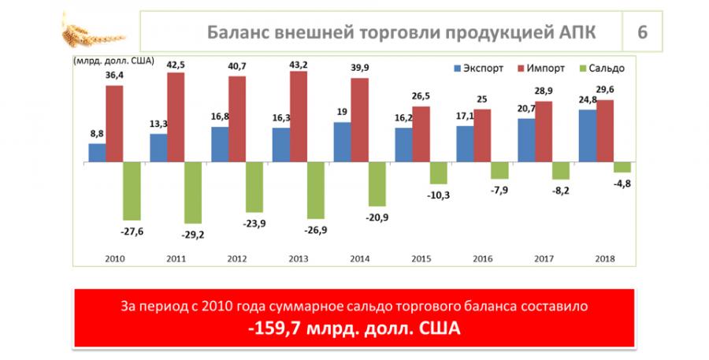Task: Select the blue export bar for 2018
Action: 587,135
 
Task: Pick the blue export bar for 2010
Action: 97,153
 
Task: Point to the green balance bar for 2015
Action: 438,173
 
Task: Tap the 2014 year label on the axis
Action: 359,258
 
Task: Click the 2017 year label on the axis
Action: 543,258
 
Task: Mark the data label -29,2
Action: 194,234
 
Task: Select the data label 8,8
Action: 98,134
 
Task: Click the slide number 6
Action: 642,32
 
